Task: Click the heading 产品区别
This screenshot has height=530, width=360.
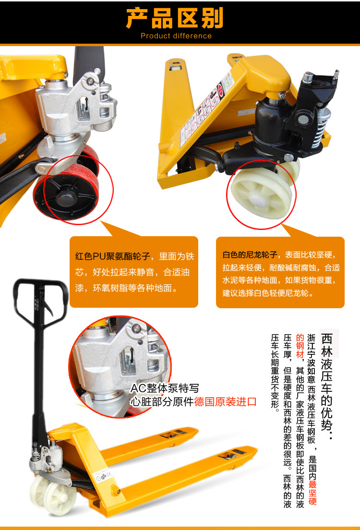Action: coord(175,18)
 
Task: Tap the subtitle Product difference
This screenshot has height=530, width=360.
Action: coord(176,36)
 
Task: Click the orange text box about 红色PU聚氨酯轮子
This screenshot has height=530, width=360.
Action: coord(134,272)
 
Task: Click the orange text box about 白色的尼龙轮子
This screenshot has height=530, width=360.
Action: coord(280,272)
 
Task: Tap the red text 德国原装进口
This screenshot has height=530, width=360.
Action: coord(226,401)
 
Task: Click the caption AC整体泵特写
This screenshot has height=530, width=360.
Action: coord(165,388)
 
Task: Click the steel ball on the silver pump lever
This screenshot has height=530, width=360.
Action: coord(90,82)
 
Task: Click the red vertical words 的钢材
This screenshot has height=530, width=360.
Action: coord(300,346)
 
